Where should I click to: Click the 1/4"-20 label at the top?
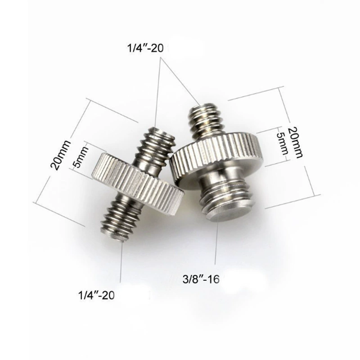coord(145,49)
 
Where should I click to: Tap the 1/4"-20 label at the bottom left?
coord(96,295)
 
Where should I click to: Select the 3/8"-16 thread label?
coord(201,279)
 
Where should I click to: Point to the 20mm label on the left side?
coord(61,155)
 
